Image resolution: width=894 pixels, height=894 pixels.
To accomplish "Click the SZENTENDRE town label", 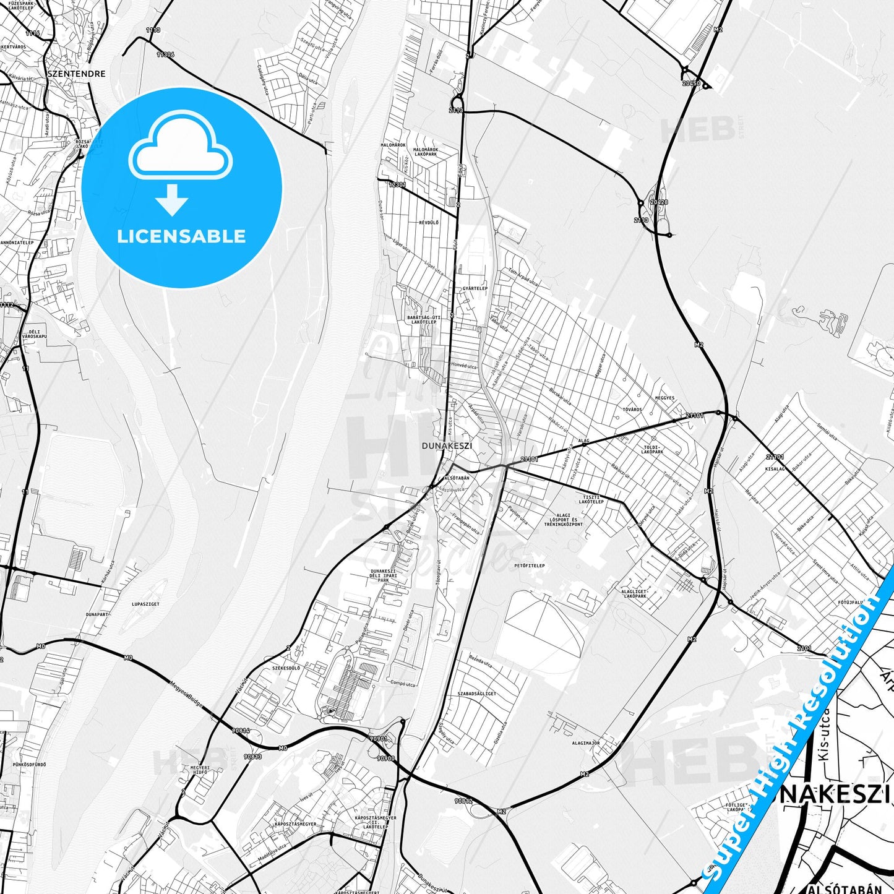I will tap(76, 74).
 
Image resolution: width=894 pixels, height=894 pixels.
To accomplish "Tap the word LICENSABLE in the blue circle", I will tap(181, 236).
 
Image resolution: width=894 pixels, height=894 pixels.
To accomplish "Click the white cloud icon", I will tap(181, 147).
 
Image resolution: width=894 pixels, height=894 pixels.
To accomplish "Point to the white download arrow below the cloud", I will tap(172, 200).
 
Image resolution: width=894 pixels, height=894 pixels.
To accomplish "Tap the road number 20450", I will tap(691, 83).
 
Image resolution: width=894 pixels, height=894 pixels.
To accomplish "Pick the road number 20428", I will tap(659, 202).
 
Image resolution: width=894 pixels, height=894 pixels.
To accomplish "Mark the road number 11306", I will tap(165, 54).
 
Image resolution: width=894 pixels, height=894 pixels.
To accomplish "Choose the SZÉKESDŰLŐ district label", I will tap(286, 669).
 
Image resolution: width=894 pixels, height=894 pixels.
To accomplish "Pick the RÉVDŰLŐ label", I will tap(428, 222).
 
